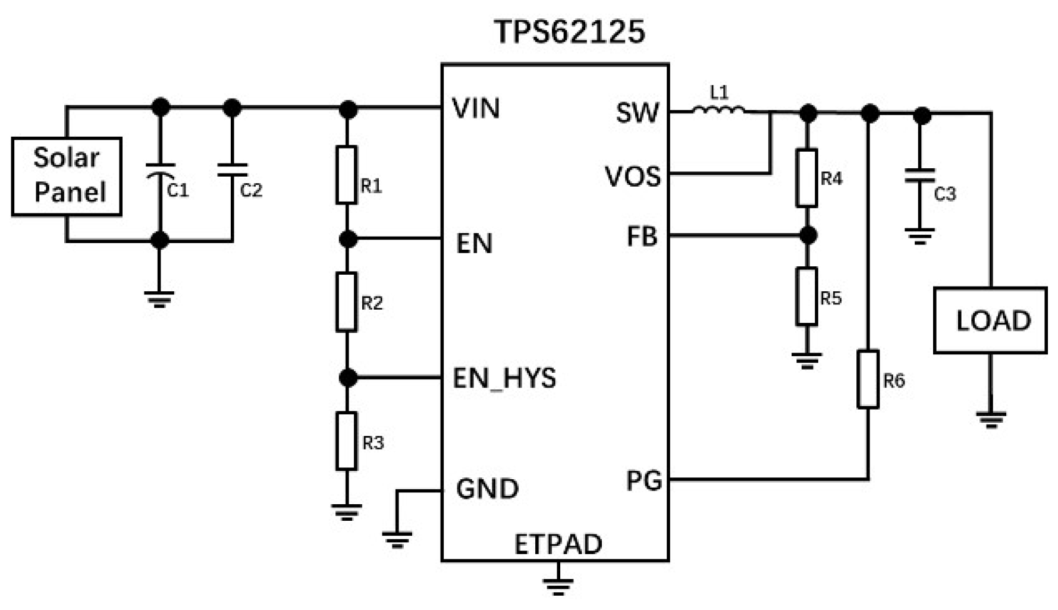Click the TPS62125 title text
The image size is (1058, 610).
(569, 32)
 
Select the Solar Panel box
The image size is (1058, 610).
(67, 176)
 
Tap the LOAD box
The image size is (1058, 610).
(990, 320)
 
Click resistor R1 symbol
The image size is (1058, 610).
(347, 175)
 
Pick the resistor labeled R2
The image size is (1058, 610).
(347, 301)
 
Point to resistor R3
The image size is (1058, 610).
(347, 441)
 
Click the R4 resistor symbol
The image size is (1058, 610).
(806, 178)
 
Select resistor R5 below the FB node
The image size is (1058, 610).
(806, 296)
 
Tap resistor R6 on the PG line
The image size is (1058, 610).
(868, 379)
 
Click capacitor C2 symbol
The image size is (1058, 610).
(232, 170)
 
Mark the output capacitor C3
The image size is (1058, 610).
(919, 175)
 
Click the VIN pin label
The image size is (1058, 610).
(476, 109)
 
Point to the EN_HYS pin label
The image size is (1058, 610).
(504, 378)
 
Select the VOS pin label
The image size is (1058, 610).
(632, 177)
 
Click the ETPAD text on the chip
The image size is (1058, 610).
(557, 544)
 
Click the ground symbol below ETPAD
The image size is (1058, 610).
(557, 586)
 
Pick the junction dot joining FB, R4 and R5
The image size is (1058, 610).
(807, 235)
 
